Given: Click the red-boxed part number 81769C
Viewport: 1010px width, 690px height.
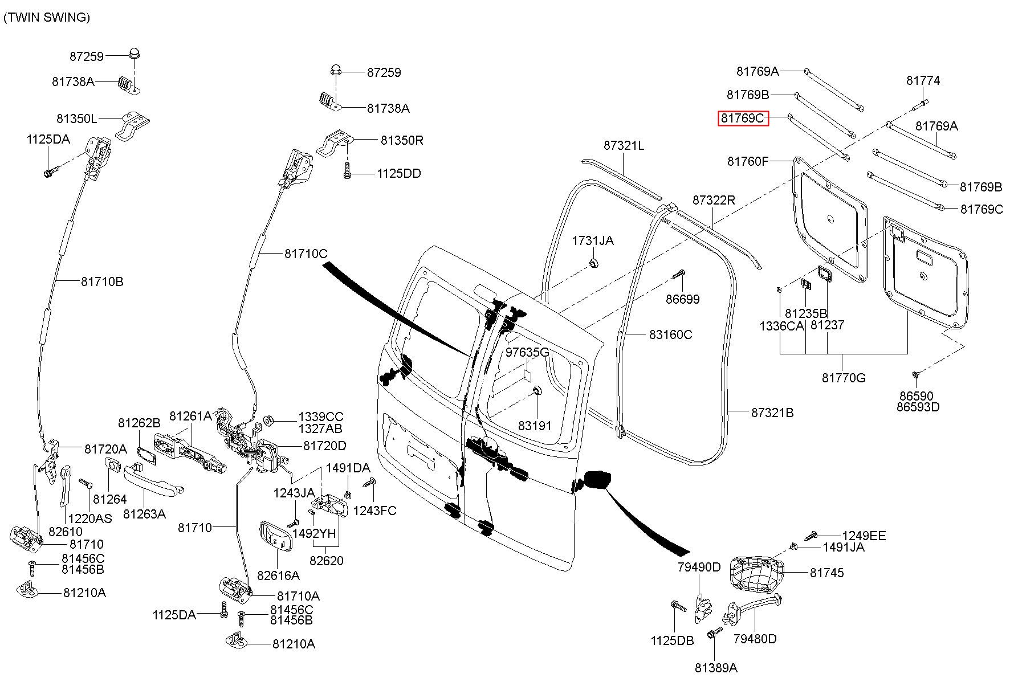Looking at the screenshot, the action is point(743,118).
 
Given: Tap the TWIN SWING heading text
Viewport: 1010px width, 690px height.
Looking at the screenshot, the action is point(47,18).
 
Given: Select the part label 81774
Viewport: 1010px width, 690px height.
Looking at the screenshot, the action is point(923,81).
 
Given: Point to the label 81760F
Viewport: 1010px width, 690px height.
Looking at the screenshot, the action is point(748,162).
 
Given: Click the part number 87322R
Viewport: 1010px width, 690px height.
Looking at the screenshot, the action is point(714,201).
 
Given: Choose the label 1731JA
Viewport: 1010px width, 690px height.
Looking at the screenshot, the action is point(593,240).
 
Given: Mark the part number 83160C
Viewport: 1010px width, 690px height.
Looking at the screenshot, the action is point(670,334).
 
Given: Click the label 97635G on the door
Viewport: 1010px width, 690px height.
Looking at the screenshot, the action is point(528,352).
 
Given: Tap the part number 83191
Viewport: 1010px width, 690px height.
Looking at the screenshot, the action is point(535,426).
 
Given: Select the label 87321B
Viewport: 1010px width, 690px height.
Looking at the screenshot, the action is point(772,413).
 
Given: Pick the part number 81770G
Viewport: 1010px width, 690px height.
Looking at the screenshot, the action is point(844,378).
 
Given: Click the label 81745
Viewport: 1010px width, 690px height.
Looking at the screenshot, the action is point(827,573).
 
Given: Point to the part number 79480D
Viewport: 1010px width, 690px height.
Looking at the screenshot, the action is point(755,639).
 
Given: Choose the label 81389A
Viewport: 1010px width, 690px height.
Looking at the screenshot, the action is point(716,668).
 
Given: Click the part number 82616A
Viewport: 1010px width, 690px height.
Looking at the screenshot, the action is point(278,575).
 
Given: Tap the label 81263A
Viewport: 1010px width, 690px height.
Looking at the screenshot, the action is point(144,514).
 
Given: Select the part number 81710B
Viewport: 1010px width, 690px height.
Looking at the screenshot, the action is point(102,281).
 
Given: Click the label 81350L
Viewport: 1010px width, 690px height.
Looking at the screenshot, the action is point(77,119).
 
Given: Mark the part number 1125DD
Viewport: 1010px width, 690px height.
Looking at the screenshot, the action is point(399,174).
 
